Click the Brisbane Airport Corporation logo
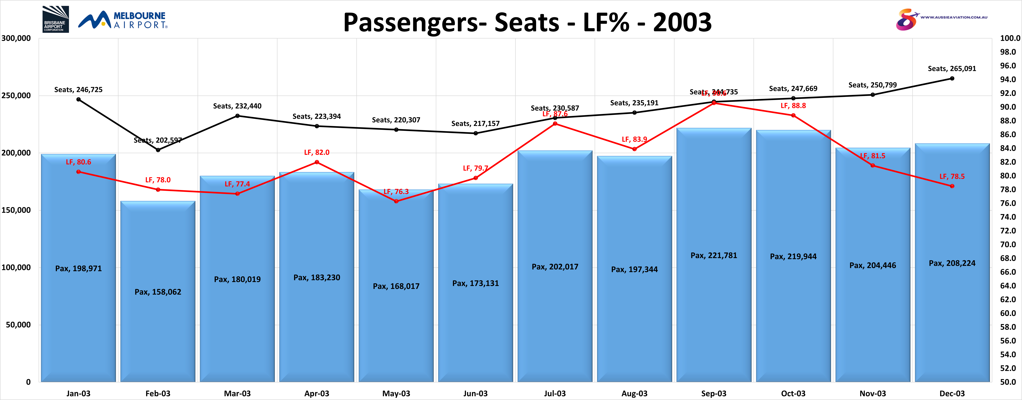pos(56,19)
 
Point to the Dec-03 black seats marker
pos(952,79)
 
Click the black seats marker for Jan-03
pos(79,99)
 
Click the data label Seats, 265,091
pos(952,69)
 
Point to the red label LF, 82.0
pos(317,152)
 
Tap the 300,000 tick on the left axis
pos(16,39)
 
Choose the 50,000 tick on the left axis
pos(18,325)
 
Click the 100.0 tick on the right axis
pos(1010,39)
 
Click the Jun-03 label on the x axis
pos(475,393)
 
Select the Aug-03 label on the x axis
pos(634,393)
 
